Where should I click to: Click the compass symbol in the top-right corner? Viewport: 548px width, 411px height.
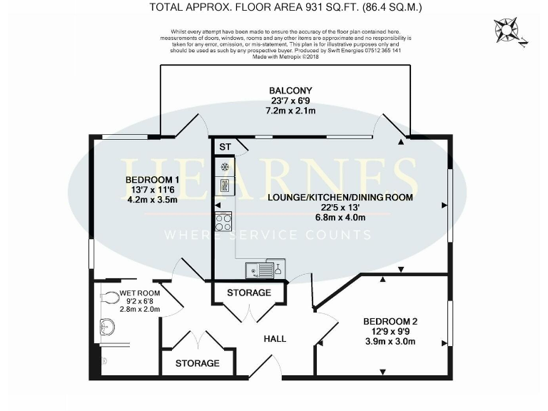510,32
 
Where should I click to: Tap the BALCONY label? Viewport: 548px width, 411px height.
290,91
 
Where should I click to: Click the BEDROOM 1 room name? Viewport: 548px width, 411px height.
151,179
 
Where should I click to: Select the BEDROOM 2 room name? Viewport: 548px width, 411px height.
390,321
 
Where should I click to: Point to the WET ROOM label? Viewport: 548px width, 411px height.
139,293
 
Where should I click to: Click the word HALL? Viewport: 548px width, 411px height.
275,338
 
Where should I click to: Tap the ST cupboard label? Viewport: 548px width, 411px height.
225,147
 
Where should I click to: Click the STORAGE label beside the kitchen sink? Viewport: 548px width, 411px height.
249,293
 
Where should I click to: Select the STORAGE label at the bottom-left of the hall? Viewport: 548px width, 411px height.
198,363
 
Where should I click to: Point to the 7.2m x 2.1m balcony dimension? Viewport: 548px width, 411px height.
290,111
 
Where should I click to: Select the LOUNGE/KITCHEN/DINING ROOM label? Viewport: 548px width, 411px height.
340,197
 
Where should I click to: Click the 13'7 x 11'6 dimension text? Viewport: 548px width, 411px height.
151,190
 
